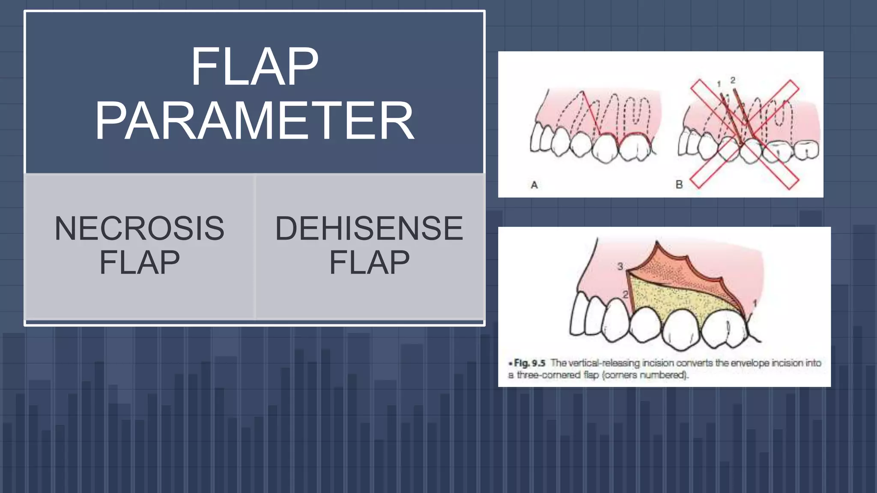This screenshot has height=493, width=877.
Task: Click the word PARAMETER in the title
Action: (x=254, y=121)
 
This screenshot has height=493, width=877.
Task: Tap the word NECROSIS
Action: (x=139, y=228)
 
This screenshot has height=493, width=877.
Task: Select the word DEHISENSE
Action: (x=369, y=228)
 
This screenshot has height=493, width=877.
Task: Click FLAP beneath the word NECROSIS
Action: (x=139, y=262)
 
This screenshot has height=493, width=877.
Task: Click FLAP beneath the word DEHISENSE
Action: (x=369, y=262)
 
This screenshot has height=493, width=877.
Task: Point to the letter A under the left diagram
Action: (x=534, y=185)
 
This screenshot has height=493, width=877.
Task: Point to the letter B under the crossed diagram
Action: (x=679, y=184)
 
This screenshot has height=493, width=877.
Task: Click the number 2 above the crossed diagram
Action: (x=733, y=80)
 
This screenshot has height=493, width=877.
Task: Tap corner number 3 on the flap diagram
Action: (x=620, y=266)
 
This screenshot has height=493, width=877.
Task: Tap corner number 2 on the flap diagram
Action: (x=625, y=294)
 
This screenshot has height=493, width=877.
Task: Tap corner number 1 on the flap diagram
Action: (x=755, y=303)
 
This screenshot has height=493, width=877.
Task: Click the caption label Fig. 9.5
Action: (x=529, y=363)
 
